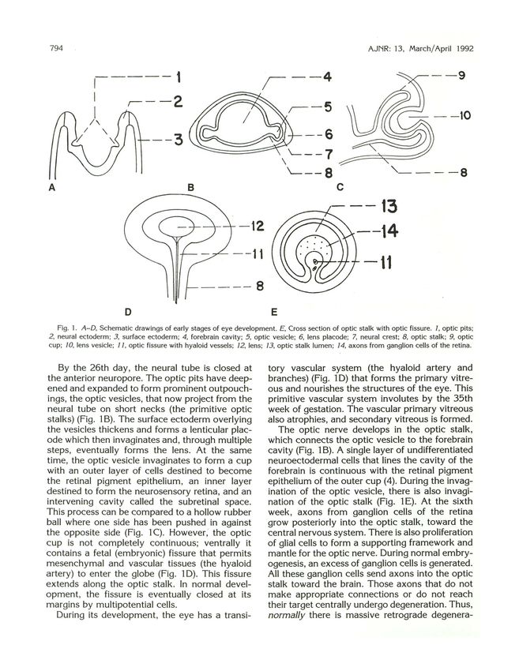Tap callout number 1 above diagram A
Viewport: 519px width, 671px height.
point(179,77)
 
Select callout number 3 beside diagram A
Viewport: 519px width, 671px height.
point(179,141)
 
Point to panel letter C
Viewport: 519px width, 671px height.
point(340,187)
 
